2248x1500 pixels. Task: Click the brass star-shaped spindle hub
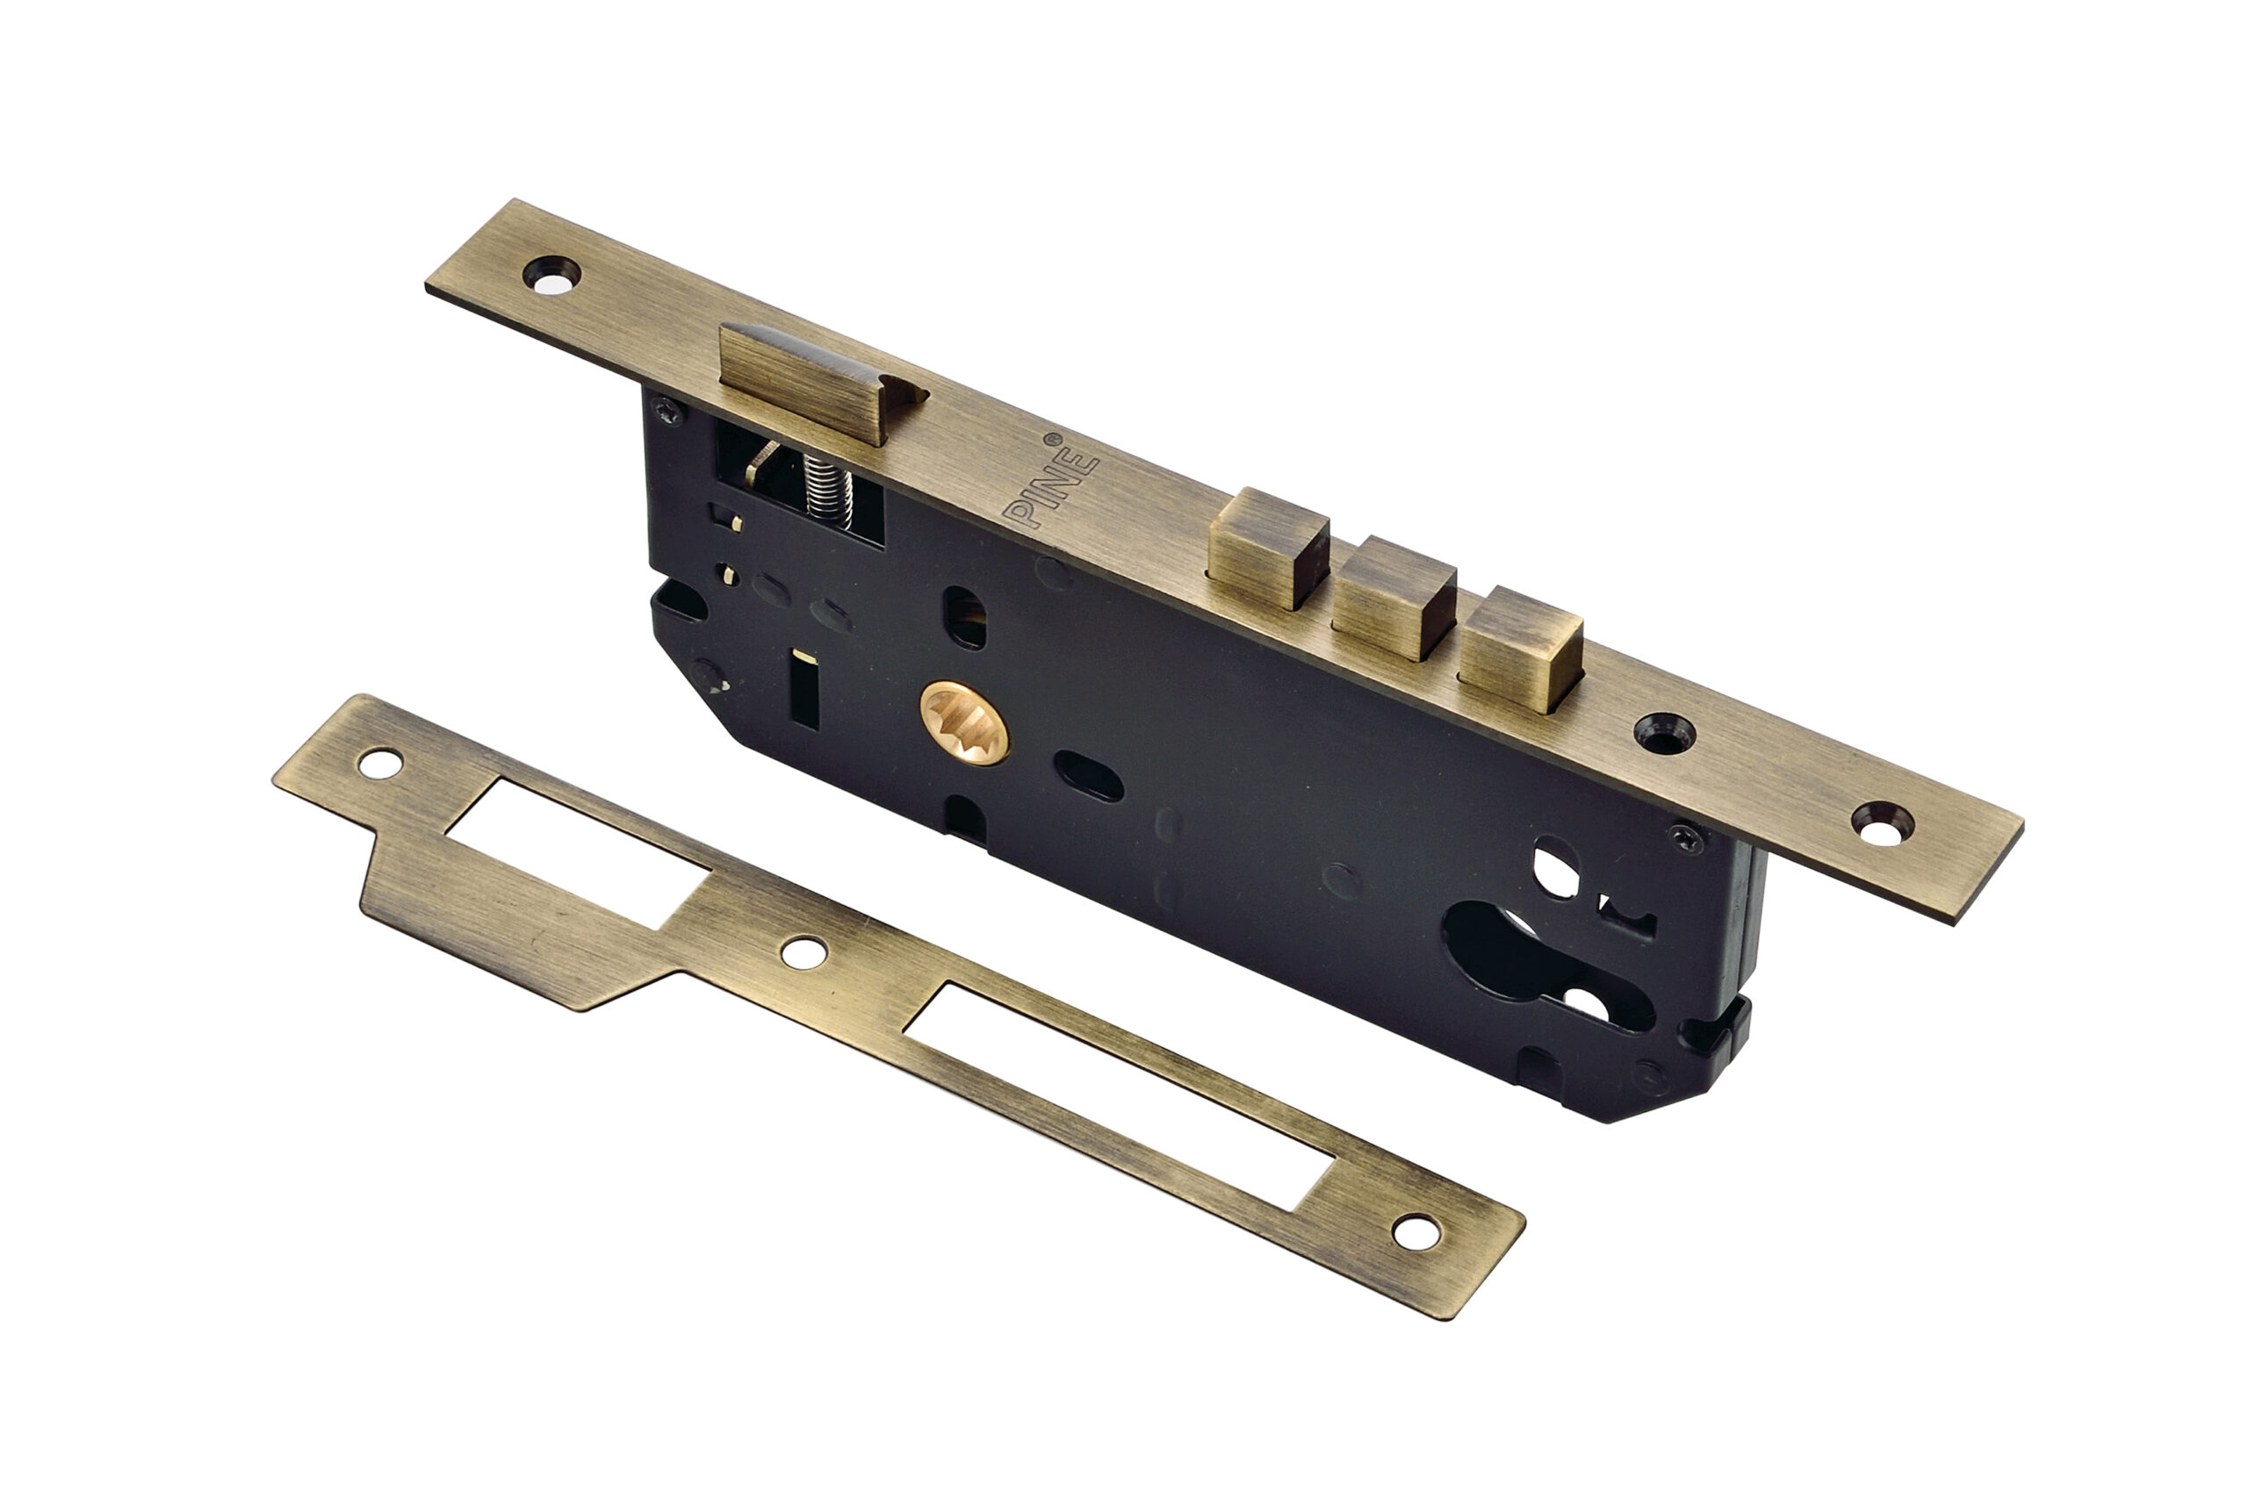coord(963,722)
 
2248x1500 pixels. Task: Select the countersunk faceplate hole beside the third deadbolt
coord(1663,734)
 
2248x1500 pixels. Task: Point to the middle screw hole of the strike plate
coord(803,951)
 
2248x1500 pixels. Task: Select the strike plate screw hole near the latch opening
coord(380,763)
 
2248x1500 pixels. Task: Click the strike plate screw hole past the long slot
coord(1416,1231)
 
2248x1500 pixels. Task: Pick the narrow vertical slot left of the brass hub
coord(803,688)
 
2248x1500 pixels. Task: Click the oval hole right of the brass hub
coord(1088,776)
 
